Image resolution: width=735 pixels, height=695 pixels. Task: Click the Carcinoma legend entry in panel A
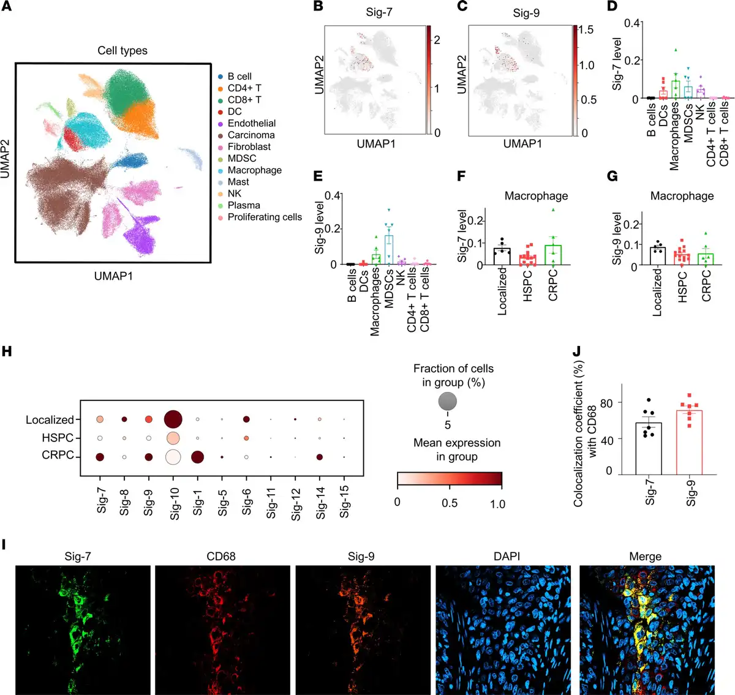pos(251,135)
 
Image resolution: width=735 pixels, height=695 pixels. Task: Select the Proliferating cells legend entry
pos(264,217)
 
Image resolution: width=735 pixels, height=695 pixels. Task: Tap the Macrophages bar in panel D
pos(676,89)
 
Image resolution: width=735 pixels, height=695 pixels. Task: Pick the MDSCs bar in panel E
pos(389,250)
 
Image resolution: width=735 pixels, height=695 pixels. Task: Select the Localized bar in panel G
pos(658,256)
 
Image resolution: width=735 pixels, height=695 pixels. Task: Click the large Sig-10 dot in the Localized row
pos(173,419)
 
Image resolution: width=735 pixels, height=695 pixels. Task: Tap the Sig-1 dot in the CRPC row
pos(197,457)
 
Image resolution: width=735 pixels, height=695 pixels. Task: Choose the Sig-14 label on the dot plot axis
pos(321,505)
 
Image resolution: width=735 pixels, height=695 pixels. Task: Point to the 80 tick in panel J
pos(606,402)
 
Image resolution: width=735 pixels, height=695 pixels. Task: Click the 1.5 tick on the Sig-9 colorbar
pos(586,30)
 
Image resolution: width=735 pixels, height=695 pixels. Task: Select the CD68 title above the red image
pos(221,557)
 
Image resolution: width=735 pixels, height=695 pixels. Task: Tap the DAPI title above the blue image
pos(507,557)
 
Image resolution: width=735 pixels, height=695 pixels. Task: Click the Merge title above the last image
pos(645,557)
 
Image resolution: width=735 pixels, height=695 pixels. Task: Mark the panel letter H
pos(7,351)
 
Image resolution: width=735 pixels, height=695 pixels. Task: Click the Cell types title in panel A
pos(123,50)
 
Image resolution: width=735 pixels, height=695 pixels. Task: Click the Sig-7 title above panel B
pos(379,12)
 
